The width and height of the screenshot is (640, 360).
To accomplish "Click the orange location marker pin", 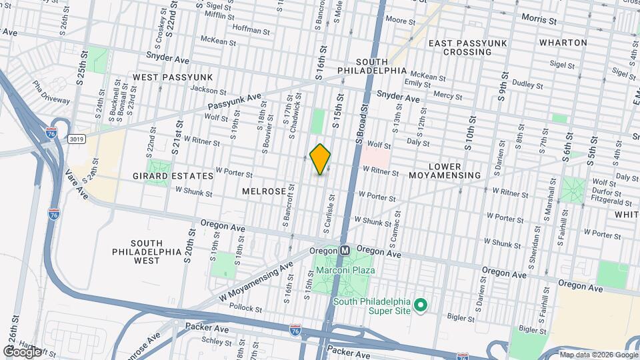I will [320, 159].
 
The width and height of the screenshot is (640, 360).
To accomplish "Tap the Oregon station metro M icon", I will [345, 251].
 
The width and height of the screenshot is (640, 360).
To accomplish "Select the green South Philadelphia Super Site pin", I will [420, 305].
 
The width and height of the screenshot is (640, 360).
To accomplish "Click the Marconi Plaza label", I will [345, 271].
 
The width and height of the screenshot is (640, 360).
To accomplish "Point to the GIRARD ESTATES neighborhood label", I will [182, 176].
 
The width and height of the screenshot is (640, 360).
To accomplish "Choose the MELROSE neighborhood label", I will [264, 191].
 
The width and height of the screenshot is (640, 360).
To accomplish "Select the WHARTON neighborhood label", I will [563, 43].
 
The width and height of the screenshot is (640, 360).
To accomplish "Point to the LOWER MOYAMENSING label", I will [454, 170].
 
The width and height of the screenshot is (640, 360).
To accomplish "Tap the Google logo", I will [22, 351].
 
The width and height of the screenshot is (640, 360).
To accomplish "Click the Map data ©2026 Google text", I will [598, 355].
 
